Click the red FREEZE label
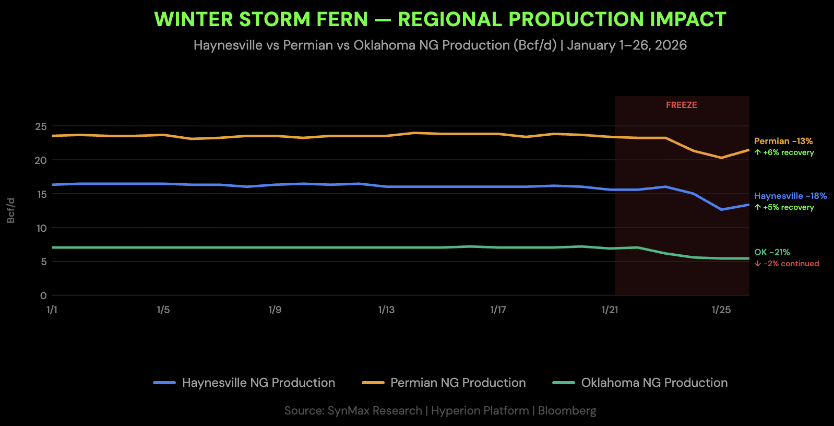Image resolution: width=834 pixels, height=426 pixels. (x=681, y=105)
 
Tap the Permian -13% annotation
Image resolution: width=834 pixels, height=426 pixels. (x=783, y=141)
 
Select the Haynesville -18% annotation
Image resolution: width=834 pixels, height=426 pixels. (x=790, y=196)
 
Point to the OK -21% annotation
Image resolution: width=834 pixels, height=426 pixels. (x=772, y=252)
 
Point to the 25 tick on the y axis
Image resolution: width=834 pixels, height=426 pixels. (x=41, y=126)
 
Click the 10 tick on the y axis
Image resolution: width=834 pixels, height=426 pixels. (x=41, y=228)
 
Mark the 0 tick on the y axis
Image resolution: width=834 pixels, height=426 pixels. (x=43, y=295)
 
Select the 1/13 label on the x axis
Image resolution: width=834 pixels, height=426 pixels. (x=386, y=310)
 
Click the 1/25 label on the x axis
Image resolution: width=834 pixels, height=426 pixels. (x=721, y=310)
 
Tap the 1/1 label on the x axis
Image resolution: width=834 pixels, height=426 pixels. (x=52, y=310)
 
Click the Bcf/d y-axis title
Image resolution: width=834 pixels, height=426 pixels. (x=11, y=210)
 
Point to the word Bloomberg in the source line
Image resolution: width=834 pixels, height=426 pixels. (x=567, y=410)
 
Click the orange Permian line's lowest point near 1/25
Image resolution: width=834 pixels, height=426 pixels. (x=721, y=158)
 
